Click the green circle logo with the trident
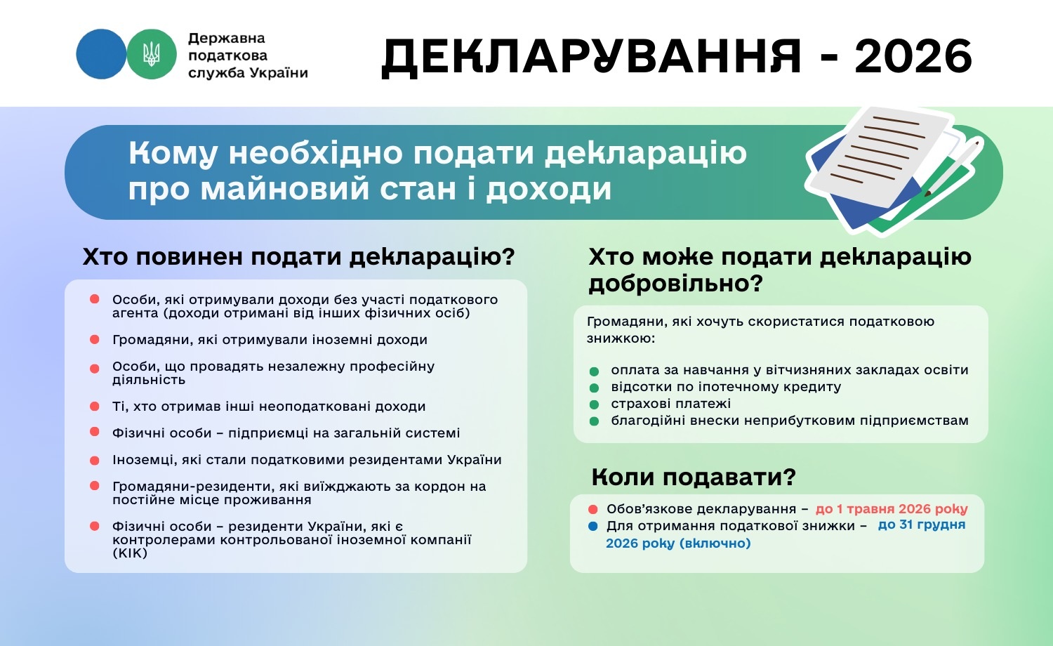click(151, 54)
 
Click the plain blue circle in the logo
click(101, 54)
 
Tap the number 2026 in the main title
click(913, 56)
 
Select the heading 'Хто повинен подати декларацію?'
click(298, 257)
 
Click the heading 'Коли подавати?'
click(694, 477)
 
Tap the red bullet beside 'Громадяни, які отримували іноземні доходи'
click(95, 340)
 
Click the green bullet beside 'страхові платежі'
click(595, 404)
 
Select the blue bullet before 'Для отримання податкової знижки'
click(593, 526)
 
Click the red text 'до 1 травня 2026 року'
click(892, 509)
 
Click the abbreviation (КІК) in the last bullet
click(130, 553)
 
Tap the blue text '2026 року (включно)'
click(678, 543)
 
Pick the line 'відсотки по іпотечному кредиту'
click(726, 387)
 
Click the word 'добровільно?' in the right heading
click(675, 284)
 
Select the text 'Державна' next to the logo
click(227, 39)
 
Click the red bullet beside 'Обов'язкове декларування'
click(593, 509)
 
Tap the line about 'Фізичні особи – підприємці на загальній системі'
click(286, 433)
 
